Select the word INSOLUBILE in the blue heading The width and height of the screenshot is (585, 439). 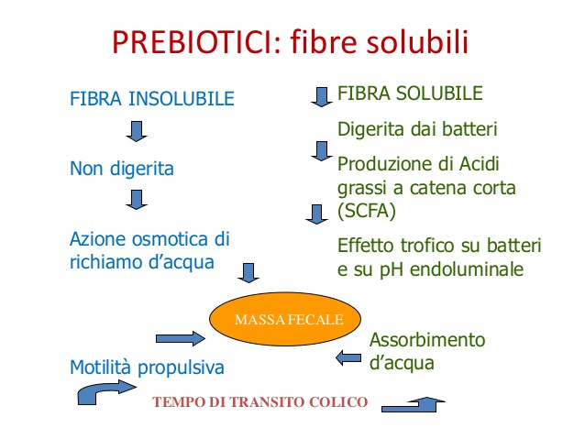[182, 99]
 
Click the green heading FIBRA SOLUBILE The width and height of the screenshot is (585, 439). [410, 93]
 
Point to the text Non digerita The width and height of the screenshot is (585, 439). [122, 169]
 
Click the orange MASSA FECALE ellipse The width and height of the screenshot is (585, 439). [285, 319]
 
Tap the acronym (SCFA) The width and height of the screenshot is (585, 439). [367, 211]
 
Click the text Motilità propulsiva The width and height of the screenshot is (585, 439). [147, 368]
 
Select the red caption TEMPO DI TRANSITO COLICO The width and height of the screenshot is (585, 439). [260, 402]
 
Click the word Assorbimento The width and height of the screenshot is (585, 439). [427, 340]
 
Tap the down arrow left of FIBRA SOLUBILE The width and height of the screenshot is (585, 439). [322, 97]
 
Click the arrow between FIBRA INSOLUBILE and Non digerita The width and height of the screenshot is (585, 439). [137, 131]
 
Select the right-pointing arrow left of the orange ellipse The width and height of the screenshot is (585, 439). [181, 338]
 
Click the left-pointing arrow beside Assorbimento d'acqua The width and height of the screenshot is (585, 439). [348, 358]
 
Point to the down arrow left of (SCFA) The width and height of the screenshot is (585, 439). [316, 214]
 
